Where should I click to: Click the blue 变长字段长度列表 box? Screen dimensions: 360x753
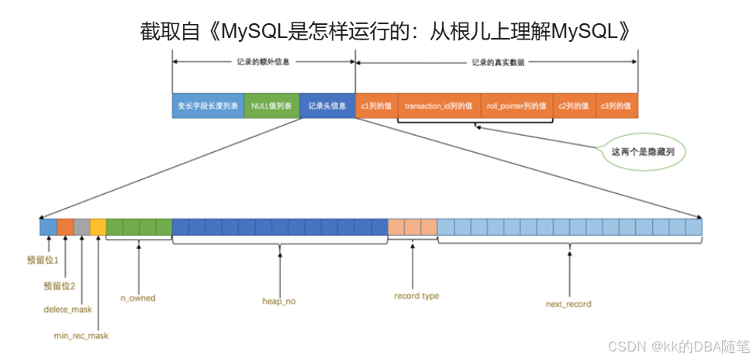pos(207,106)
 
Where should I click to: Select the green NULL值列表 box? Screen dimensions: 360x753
pos(271,106)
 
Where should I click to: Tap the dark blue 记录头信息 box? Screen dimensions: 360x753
pos(326,106)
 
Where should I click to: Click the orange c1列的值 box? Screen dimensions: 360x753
pos(376,106)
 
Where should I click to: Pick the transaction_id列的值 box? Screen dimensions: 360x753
pos(439,106)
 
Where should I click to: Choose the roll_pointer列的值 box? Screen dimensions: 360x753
pos(516,106)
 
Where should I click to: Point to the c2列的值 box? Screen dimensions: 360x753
pos(573,106)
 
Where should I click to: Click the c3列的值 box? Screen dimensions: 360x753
pos(617,106)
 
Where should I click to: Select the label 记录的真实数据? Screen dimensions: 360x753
pos(497,61)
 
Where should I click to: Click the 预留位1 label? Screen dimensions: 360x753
pos(43,260)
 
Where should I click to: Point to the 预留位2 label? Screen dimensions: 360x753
pos(60,286)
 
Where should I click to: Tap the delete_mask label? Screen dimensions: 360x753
pos(67,310)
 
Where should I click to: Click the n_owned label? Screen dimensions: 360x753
pos(138,298)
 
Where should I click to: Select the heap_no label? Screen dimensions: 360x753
pos(279,300)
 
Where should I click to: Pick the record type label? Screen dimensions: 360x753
pos(416,296)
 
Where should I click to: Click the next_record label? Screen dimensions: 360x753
pos(568,304)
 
